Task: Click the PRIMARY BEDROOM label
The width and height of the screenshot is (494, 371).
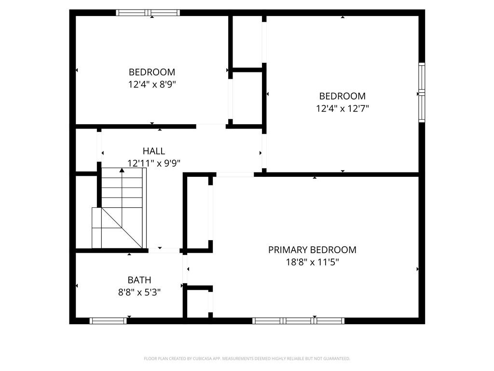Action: [312, 250]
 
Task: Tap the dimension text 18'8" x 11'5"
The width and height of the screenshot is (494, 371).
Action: [312, 262]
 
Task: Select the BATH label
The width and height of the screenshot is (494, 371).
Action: [139, 280]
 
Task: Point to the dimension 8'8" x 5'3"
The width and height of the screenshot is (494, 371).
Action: [139, 292]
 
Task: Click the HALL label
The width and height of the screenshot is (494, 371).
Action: [153, 151]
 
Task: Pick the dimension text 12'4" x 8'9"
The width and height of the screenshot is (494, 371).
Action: [151, 85]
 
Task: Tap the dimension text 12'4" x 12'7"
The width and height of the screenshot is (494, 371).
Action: [343, 109]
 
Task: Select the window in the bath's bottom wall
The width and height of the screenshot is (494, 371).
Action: [108, 320]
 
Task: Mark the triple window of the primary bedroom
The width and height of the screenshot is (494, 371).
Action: [299, 320]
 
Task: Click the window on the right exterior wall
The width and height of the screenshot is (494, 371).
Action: [422, 92]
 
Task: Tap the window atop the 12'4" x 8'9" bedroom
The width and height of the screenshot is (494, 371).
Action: [148, 13]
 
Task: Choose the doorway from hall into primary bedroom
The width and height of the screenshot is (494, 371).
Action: [235, 174]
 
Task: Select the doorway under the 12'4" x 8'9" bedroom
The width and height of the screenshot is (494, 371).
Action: [211, 127]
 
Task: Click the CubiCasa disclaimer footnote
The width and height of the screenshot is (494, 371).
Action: [247, 358]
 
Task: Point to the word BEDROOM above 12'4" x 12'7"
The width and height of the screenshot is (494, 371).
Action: [343, 96]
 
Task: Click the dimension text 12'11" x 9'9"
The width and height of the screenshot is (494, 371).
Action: [153, 163]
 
